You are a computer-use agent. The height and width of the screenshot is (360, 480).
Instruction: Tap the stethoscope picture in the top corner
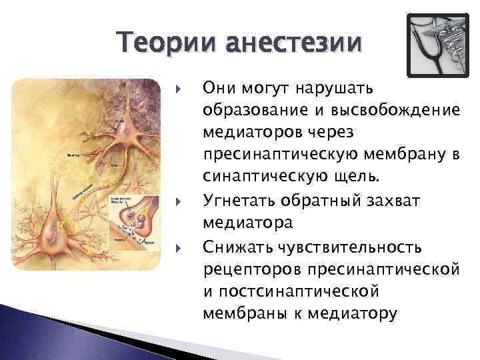click(x=438, y=44)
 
